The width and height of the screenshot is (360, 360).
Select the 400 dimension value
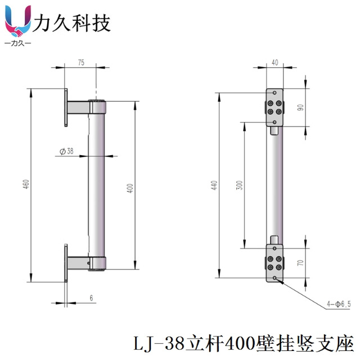[x=130, y=188]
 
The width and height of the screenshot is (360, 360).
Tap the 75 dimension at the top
[x=81, y=64]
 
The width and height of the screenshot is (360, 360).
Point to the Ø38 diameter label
[x=66, y=151]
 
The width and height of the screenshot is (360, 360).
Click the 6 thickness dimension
[x=91, y=298]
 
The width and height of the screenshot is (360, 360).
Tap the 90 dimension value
[x=301, y=107]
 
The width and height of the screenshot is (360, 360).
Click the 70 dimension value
[x=301, y=263]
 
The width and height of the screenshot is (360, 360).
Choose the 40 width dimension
[x=274, y=64]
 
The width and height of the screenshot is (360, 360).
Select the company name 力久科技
[x=72, y=23]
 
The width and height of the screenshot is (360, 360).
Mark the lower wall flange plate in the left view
[x=66, y=263]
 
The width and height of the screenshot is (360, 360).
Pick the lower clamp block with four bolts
[x=275, y=263]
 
